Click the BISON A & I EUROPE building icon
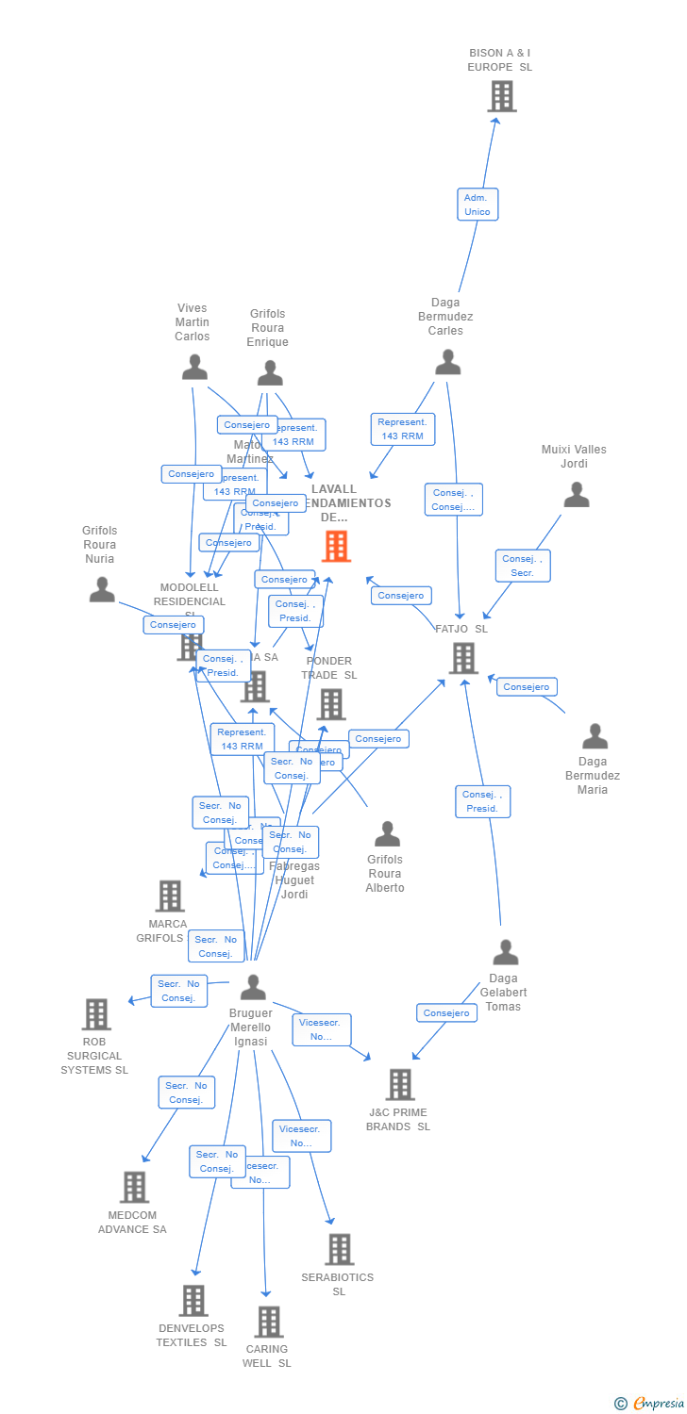[502, 96]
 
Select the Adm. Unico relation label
[478, 205]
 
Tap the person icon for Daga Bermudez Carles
[447, 362]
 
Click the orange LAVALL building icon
[336, 546]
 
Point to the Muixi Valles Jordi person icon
[576, 494]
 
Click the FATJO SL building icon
[462, 658]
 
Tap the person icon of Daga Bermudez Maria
[595, 735]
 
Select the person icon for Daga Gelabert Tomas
[506, 952]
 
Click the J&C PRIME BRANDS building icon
[399, 1084]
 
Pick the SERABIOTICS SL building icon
[339, 1249]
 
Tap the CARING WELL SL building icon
[268, 1322]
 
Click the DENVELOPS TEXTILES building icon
[193, 1300]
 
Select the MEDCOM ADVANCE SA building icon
[134, 1187]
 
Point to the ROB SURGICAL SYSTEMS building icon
[96, 1014]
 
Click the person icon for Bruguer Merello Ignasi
[253, 987]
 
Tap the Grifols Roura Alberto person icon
[387, 833]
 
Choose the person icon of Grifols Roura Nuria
[102, 589]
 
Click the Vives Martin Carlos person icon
[194, 367]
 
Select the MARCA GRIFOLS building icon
[169, 896]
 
